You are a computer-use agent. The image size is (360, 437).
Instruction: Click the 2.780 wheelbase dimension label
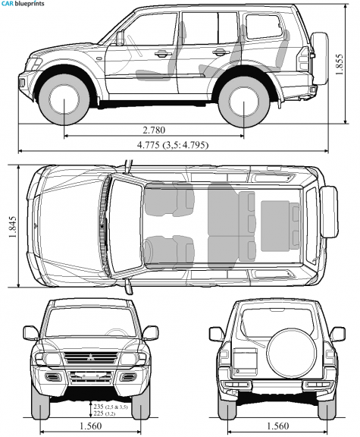pos(154,130)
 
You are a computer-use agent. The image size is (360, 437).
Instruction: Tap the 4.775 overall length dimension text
pos(149,145)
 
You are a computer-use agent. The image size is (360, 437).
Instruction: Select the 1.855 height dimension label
pos(339,64)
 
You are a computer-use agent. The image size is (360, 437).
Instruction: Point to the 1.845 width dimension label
pos(13,227)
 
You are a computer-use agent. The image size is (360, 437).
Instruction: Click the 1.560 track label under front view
pos(91,426)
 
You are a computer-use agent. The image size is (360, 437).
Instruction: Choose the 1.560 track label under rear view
pos(278,426)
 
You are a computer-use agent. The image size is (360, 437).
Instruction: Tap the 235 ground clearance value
pos(99,407)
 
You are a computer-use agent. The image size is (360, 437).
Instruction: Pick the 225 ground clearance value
pos(99,413)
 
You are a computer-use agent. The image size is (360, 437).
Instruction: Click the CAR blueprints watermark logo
pos(23,4)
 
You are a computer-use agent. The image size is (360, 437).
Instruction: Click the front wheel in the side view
pos(64,99)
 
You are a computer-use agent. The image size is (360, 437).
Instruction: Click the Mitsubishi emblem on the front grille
pos(90,357)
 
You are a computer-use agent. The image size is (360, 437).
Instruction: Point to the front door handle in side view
pos(161,53)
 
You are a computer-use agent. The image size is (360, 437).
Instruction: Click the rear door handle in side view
pos(219,52)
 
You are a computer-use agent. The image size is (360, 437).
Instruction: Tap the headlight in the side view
pos(33,64)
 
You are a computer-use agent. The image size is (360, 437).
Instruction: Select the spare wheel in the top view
pos(329,212)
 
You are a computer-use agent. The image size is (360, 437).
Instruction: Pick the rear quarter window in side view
pos(264,27)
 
